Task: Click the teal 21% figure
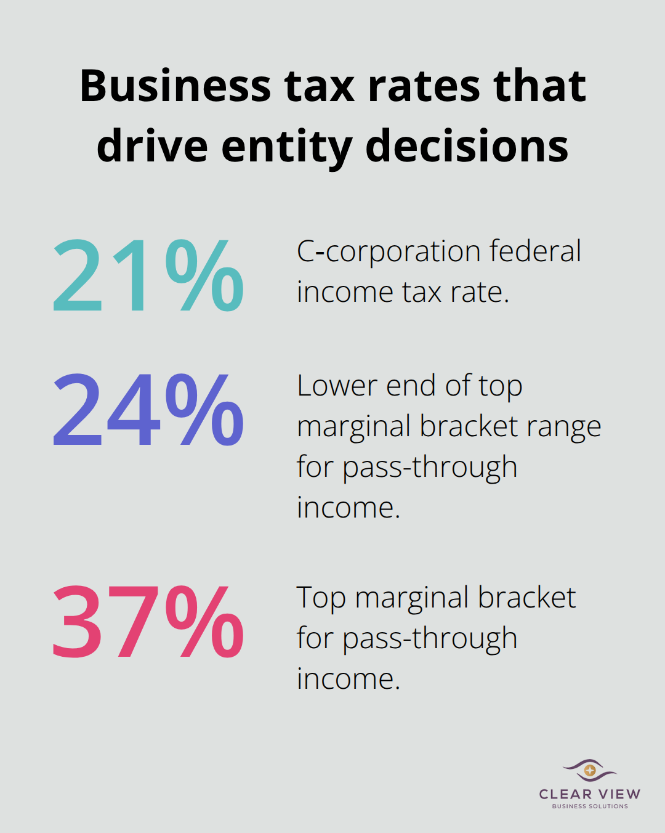point(148,275)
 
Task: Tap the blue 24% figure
point(148,410)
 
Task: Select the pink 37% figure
point(148,622)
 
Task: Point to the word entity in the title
point(286,147)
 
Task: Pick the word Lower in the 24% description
point(336,386)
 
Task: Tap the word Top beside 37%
point(320,598)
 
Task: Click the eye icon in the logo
point(589,770)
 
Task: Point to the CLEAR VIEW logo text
point(589,794)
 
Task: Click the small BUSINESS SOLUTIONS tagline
point(589,806)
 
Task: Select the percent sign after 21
point(204,275)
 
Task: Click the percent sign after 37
point(204,622)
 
